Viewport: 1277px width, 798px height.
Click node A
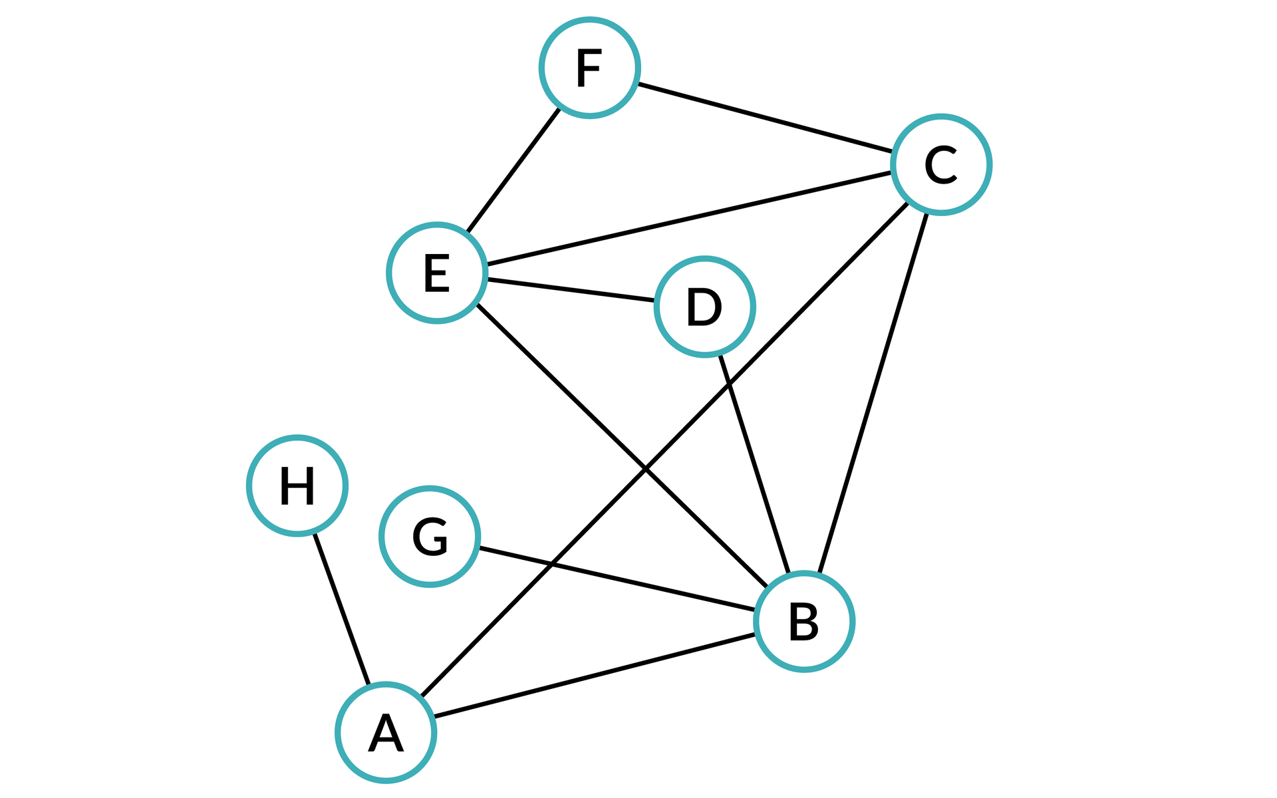click(386, 732)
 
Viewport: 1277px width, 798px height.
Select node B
click(804, 621)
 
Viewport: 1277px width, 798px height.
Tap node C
click(941, 164)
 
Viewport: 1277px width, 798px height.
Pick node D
click(704, 307)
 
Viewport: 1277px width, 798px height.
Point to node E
click(437, 273)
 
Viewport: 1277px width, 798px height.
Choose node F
click(589, 68)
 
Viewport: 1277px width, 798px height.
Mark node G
click(430, 536)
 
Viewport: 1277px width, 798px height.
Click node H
click(297, 485)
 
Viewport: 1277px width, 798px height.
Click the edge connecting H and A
click(341, 608)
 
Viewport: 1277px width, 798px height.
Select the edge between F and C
click(765, 117)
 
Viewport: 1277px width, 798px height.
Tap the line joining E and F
click(513, 170)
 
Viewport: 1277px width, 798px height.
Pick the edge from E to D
click(571, 290)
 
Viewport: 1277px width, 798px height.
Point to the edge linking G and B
click(617, 579)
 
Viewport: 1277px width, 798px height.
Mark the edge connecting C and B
click(873, 392)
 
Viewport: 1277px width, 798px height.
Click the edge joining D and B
click(755, 464)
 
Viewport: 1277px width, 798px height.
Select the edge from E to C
click(689, 218)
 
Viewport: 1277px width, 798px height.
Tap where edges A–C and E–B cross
click(645, 469)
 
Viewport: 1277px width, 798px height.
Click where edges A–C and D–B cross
click(729, 384)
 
